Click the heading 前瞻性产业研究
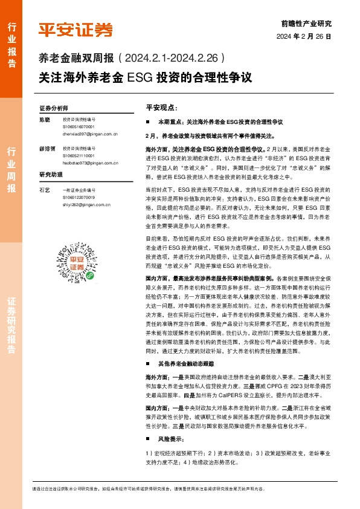307,24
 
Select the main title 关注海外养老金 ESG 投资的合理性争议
144,78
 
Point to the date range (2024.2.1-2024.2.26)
172,59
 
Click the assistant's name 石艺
44,190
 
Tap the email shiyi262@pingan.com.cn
86,204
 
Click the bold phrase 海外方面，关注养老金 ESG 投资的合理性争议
205,148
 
